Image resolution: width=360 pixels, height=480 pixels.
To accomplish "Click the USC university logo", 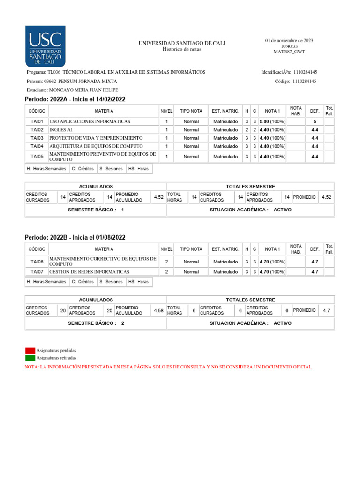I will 45,46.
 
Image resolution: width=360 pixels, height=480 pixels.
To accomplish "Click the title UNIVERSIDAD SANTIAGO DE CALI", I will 181,43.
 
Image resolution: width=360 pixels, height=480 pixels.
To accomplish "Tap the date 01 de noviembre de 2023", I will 289,40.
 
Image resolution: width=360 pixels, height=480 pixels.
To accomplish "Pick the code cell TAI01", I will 37,121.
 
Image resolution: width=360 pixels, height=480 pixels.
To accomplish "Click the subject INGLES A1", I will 61,130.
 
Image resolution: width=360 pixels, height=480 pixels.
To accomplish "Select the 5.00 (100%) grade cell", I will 272,121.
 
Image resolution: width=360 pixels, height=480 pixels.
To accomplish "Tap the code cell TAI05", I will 37,157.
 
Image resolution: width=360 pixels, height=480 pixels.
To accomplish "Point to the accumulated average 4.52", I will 158,197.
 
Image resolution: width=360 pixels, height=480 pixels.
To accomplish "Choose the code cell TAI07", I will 37,272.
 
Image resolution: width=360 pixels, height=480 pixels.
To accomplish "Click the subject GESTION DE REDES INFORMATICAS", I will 89,272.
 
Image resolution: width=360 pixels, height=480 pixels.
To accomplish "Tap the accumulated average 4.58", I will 158,311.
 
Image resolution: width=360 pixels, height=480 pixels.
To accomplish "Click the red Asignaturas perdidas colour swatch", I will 30,351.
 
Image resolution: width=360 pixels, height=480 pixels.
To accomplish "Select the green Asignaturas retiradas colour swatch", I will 30,358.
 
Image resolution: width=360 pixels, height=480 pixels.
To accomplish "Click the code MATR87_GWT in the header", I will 289,52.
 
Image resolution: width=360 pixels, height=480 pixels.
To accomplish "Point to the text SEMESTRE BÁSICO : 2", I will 96,323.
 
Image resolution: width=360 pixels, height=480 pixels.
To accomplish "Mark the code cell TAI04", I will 37,146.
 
